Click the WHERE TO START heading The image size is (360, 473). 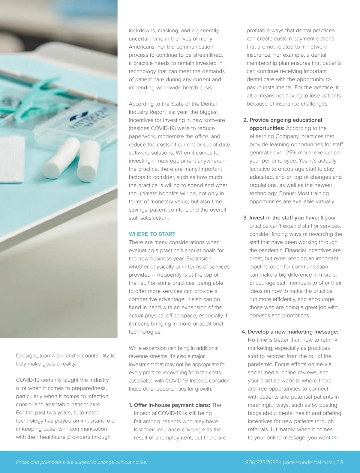click(x=152, y=234)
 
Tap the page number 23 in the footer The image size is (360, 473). click(x=340, y=462)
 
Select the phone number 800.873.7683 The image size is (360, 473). click(x=262, y=462)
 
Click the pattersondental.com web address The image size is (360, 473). click(x=307, y=462)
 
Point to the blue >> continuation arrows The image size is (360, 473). click(x=335, y=438)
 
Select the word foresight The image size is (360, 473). click(x=27, y=356)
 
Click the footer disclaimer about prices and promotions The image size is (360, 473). click(x=81, y=462)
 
